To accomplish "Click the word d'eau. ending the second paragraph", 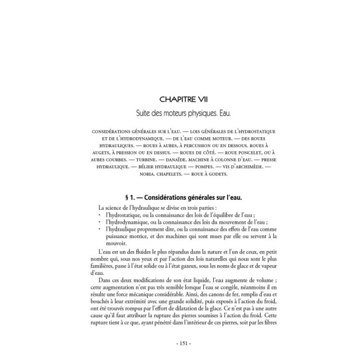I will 98,274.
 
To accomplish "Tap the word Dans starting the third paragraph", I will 105,281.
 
